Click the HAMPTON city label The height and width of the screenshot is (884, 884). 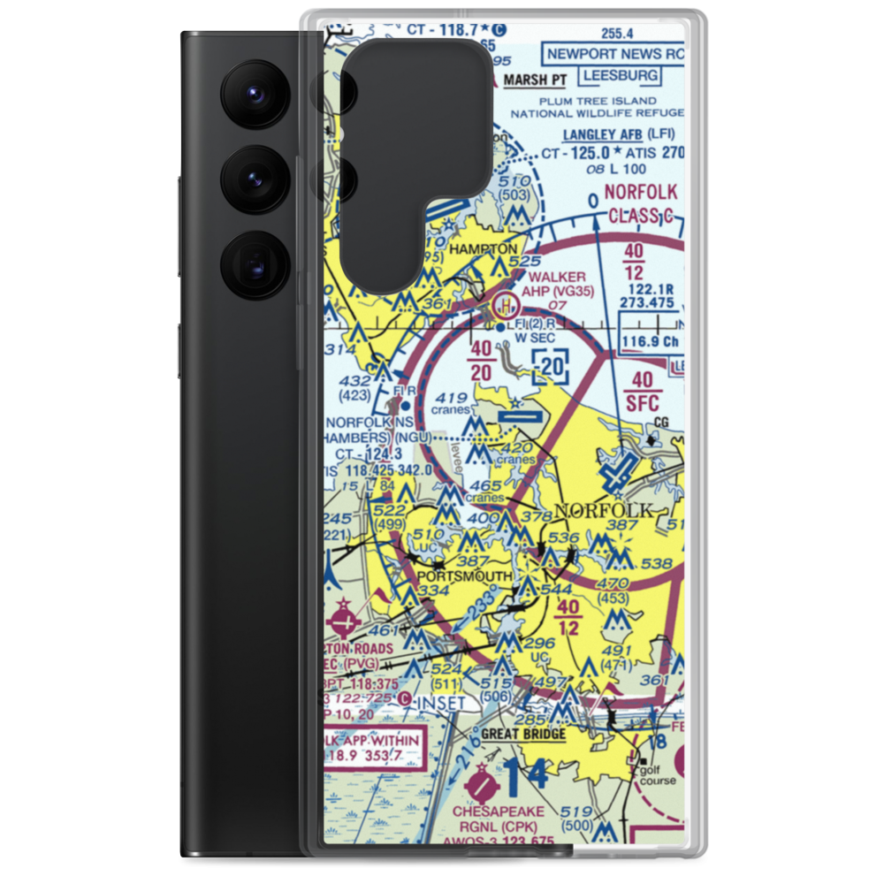pyautogui.click(x=483, y=250)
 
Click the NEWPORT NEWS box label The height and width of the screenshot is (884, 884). pyautogui.click(x=615, y=54)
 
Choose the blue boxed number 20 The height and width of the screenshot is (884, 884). pyautogui.click(x=552, y=364)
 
